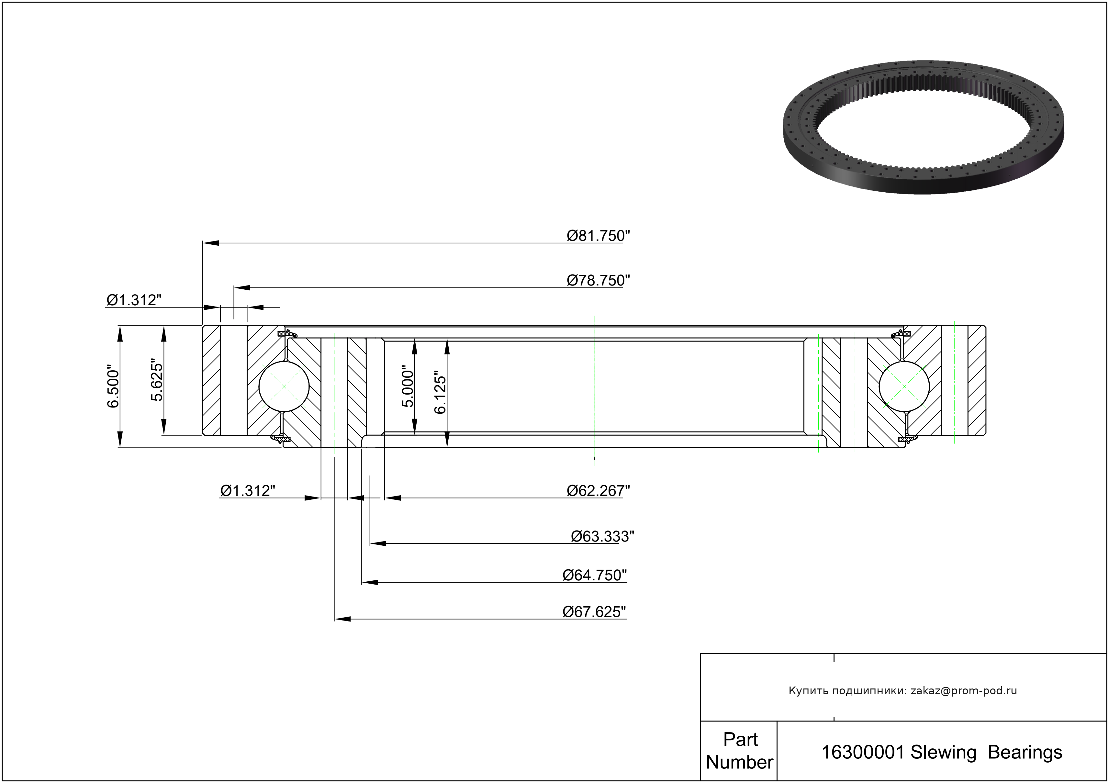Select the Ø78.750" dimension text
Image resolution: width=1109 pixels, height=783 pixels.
pyautogui.click(x=599, y=280)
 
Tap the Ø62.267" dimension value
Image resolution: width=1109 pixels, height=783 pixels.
pyautogui.click(x=599, y=491)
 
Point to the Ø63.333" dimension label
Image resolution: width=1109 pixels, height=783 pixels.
pyautogui.click(x=602, y=536)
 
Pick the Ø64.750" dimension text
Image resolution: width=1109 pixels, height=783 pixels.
pyautogui.click(x=595, y=575)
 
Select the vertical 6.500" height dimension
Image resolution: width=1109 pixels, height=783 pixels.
pyautogui.click(x=113, y=386)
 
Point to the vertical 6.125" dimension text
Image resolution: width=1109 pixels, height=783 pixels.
pyautogui.click(x=440, y=393)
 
